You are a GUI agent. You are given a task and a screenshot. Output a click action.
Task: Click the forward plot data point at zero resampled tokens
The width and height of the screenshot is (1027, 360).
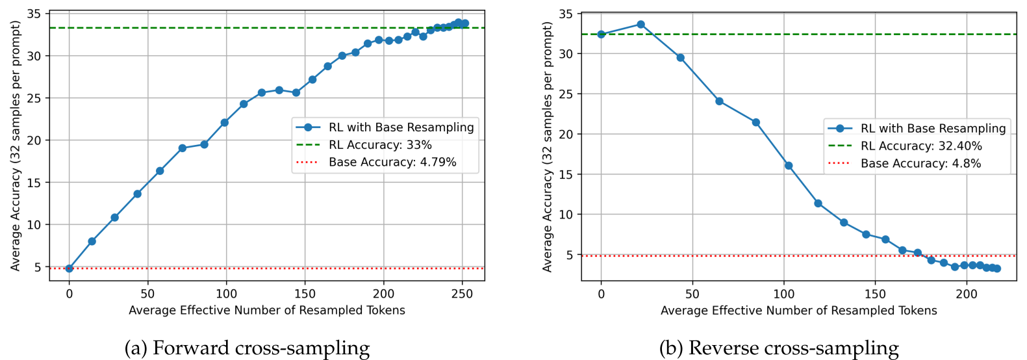(70, 268)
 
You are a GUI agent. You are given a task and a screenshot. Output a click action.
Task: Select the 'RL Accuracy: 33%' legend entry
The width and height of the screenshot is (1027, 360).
(380, 145)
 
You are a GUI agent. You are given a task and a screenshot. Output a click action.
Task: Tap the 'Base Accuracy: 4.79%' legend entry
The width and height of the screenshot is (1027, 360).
(392, 162)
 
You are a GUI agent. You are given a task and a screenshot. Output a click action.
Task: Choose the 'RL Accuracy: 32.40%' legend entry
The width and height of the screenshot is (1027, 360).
(921, 146)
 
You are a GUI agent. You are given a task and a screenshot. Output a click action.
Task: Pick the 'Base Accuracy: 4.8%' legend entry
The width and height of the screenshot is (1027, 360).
(920, 163)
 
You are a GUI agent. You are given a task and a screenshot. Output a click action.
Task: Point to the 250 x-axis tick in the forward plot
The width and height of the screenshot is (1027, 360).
(462, 294)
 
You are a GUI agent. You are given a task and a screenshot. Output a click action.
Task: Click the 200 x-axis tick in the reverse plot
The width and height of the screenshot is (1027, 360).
(967, 294)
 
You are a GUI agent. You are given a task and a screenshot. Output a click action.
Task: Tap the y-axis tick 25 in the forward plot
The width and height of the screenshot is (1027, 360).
(34, 98)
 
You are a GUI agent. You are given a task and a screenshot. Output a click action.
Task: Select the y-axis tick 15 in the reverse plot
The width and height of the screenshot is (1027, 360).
(566, 174)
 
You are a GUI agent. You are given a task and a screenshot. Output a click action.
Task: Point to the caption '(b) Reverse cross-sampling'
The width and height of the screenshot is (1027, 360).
(779, 348)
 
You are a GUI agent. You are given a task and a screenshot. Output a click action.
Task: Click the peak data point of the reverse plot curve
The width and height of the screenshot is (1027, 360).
(640, 25)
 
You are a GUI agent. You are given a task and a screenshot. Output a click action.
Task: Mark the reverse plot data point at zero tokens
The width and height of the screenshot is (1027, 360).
(602, 34)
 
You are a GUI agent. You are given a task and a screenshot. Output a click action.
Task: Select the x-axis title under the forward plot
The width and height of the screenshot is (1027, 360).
(267, 310)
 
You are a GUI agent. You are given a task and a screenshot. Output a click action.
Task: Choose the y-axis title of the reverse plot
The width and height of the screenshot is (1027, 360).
(547, 147)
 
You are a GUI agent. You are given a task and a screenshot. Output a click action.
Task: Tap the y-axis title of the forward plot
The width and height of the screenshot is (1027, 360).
(16, 146)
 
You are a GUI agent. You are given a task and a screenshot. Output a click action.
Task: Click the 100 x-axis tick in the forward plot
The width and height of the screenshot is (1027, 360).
(227, 294)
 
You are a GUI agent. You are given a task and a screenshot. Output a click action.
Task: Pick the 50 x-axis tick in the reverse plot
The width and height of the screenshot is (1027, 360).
(692, 294)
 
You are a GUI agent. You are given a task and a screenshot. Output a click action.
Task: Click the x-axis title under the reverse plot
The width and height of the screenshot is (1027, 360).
(799, 311)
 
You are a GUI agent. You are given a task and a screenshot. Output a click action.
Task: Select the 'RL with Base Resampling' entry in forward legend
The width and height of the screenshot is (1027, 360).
(401, 127)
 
